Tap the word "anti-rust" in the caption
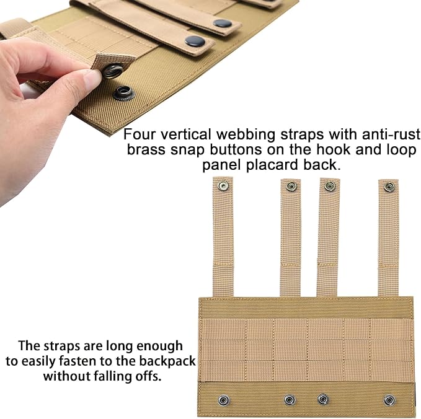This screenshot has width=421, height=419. (x=391, y=135)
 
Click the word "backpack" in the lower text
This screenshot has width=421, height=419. (x=167, y=361)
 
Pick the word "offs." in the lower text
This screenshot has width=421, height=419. (x=148, y=376)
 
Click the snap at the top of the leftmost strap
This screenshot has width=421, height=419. (x=223, y=185)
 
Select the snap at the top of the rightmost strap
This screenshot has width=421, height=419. (x=389, y=187)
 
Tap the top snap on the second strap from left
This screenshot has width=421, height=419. (x=291, y=187)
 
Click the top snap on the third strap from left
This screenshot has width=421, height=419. (x=330, y=186)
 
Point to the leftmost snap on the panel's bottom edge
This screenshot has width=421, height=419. (x=224, y=400)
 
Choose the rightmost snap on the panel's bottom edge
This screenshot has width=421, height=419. (x=389, y=400)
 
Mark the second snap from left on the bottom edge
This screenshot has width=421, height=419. (x=290, y=400)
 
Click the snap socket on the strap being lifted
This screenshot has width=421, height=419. (x=113, y=71)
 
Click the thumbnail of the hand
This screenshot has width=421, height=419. (x=92, y=78)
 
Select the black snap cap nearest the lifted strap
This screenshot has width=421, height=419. (x=195, y=41)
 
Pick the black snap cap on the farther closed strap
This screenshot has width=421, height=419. (x=223, y=24)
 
